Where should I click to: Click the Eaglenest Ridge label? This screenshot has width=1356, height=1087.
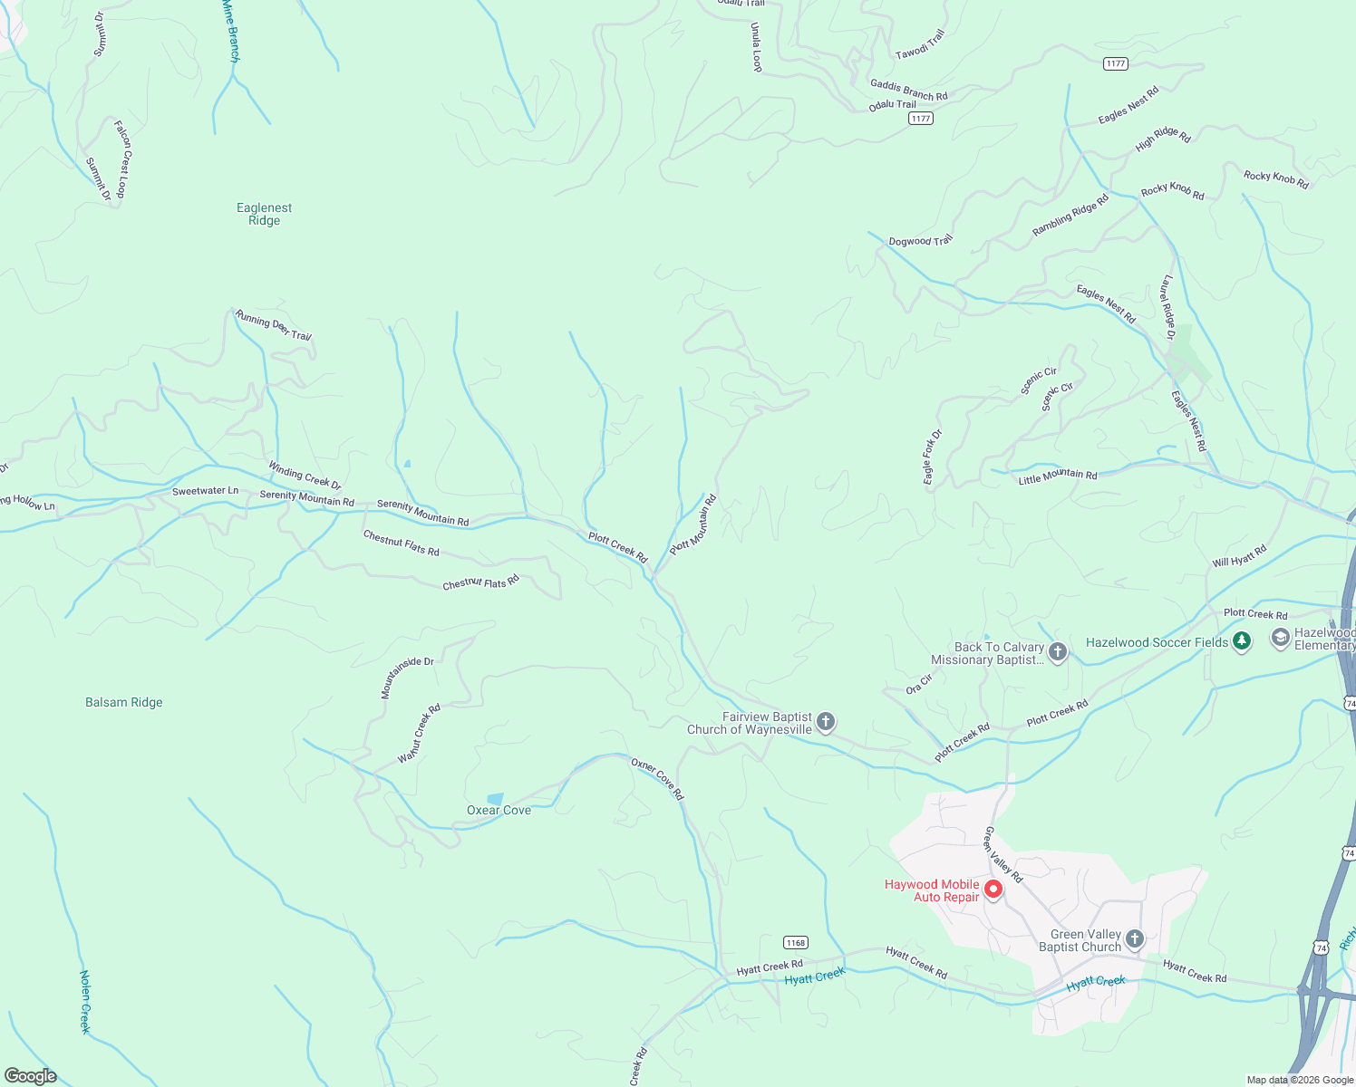click(x=264, y=214)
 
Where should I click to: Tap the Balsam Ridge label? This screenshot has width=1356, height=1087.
click(x=124, y=702)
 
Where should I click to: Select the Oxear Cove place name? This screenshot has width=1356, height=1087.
click(x=499, y=810)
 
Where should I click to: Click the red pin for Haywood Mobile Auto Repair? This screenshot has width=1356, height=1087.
click(x=993, y=890)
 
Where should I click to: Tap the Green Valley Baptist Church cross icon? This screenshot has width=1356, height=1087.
click(x=1135, y=939)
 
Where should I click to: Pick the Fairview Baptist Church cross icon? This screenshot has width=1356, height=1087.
click(x=825, y=722)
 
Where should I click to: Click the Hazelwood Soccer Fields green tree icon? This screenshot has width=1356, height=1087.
click(x=1242, y=641)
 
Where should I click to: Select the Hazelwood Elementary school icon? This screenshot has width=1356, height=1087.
click(x=1280, y=638)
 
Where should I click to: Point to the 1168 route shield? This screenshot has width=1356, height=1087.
click(x=796, y=942)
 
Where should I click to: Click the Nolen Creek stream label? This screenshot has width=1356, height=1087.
click(x=85, y=1002)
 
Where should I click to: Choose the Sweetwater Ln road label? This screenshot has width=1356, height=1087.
click(x=206, y=491)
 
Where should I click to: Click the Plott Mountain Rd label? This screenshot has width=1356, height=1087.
click(x=693, y=524)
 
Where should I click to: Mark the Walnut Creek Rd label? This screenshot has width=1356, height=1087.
click(x=419, y=733)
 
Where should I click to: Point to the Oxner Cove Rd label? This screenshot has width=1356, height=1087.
click(x=658, y=779)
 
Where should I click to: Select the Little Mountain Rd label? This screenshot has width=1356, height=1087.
click(x=1057, y=476)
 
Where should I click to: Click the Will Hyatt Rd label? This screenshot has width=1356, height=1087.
click(x=1239, y=556)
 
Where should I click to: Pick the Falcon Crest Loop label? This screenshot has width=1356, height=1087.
click(x=121, y=158)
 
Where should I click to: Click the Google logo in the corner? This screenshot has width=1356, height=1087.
click(x=31, y=1076)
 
